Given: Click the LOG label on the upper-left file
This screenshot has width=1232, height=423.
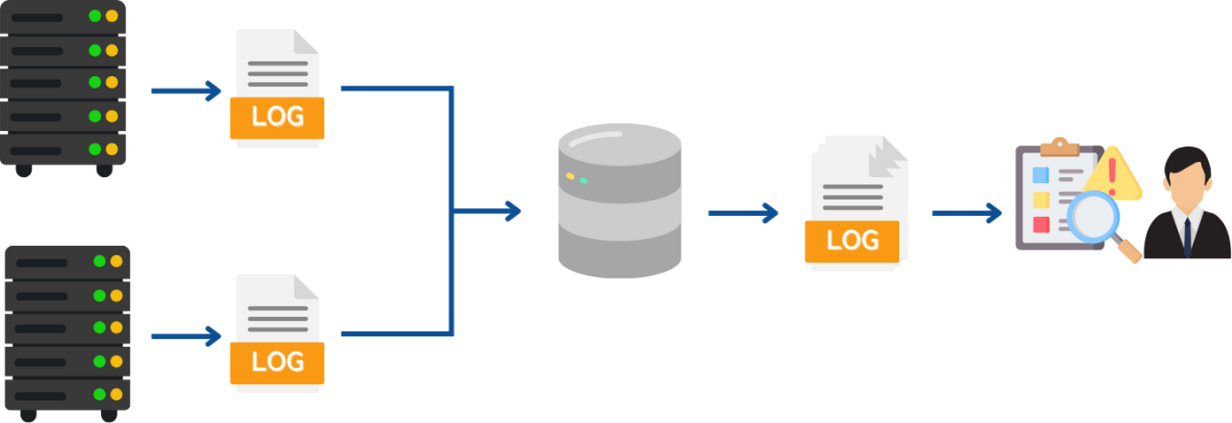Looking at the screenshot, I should pos(277,117).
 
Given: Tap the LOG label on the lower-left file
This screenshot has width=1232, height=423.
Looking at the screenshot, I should pos(277,362).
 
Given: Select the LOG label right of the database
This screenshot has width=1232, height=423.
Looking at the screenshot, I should pos(852,240).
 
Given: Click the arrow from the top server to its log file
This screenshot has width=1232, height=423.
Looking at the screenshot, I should pos(188,90).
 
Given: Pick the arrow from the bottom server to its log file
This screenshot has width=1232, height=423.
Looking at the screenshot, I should pos(188,336).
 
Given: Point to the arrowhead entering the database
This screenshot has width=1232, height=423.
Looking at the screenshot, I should pos(512,210).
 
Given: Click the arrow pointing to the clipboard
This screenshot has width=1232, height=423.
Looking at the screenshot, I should pos(966,212).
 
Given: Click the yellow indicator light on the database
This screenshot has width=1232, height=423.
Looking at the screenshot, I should pos(570,176).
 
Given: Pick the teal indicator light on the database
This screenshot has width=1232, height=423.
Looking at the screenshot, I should pos(583,180).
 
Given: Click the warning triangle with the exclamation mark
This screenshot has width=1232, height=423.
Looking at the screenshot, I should pos(1113,175).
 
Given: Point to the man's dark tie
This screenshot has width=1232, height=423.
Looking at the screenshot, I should pos(1187,235).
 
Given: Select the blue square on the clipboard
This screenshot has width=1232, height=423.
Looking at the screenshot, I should pos(1040,174).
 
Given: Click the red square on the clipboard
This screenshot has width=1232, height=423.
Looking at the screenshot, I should pos(1040,225).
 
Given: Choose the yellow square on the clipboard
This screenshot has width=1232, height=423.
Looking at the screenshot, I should pos(1040,199).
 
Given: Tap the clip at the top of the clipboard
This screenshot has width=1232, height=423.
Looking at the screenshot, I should pos(1060,145).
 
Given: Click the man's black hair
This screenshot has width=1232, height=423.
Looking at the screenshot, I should pos(1185,158).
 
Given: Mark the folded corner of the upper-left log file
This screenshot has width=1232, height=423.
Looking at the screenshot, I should pos(306,41).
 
